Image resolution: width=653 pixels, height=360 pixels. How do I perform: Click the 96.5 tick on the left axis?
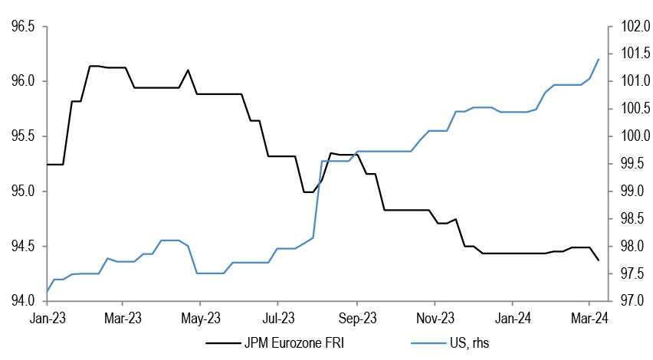click(21, 27)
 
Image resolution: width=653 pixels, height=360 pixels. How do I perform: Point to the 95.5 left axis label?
click(21, 136)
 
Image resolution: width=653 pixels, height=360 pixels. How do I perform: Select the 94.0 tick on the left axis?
click(21, 301)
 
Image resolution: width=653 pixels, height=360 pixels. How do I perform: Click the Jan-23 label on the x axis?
click(48, 316)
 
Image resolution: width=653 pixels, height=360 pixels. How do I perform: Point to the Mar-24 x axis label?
click(588, 316)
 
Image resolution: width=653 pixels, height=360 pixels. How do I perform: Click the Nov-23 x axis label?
click(434, 316)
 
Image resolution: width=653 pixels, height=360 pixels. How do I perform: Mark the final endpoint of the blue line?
click(599, 59)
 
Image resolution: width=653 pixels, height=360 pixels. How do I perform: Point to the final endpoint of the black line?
click(599, 260)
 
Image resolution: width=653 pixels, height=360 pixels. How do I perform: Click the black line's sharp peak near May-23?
click(189, 70)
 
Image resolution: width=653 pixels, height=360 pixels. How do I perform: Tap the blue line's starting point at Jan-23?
click(48, 291)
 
